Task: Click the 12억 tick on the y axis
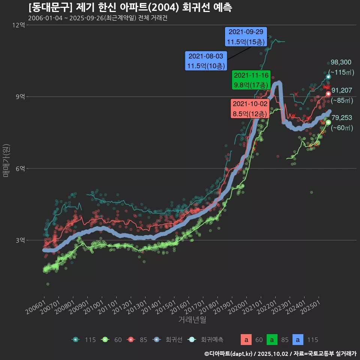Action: click(x=18, y=25)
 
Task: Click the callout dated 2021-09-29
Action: click(x=246, y=37)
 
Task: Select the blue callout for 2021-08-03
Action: click(x=205, y=61)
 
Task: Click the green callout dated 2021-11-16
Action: click(x=251, y=79)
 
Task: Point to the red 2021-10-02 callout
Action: click(x=250, y=109)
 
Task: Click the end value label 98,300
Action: click(x=341, y=62)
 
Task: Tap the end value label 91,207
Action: click(x=342, y=90)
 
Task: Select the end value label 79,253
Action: click(x=342, y=118)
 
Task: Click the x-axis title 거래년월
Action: click(x=192, y=319)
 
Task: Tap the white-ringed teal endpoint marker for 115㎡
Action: click(x=328, y=77)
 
